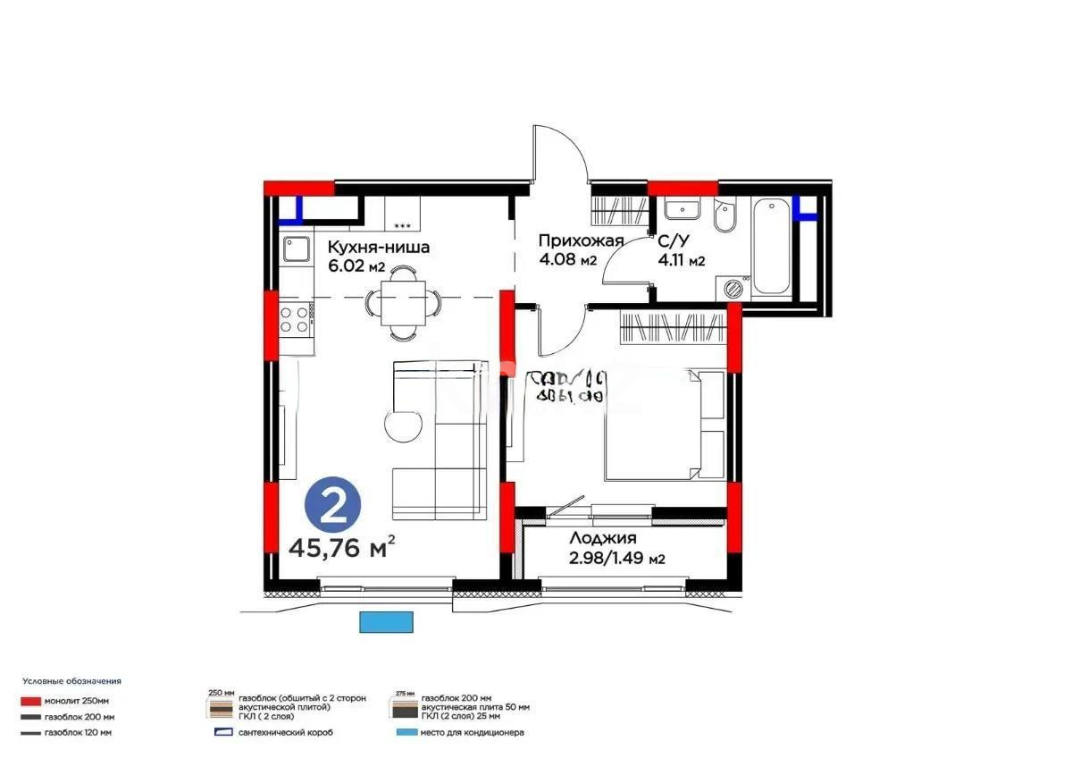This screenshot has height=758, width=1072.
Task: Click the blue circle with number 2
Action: tap(333, 507)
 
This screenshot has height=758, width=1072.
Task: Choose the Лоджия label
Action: tap(603, 538)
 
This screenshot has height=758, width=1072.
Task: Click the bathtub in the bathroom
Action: tap(770, 248)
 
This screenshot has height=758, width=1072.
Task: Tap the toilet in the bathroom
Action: tap(724, 216)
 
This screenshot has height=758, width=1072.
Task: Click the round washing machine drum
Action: tap(733, 288)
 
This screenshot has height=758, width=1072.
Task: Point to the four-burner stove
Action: tap(295, 319)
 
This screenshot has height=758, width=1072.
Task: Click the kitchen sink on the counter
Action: tap(295, 248)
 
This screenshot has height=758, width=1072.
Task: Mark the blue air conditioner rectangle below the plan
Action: tap(387, 620)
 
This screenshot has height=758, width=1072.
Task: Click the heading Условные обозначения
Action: tap(71, 681)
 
